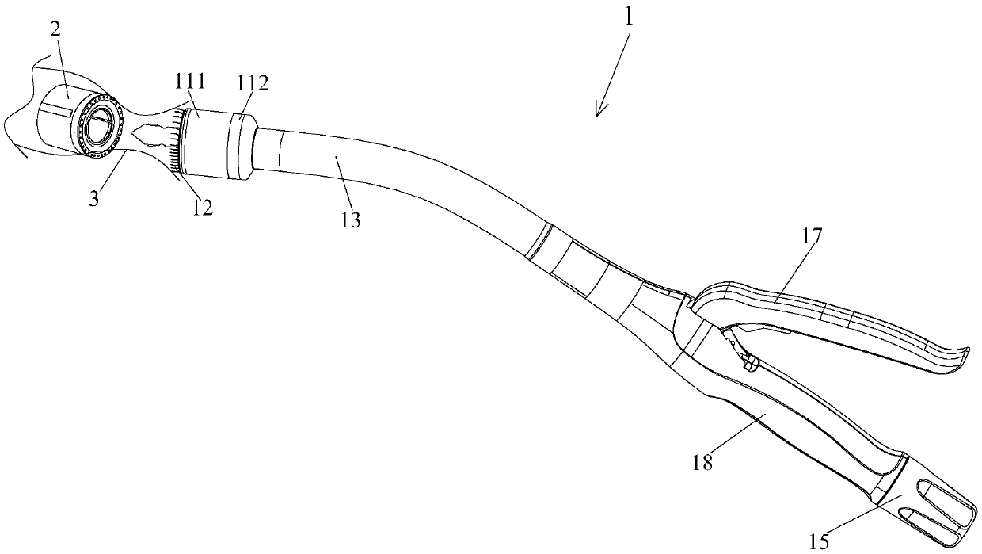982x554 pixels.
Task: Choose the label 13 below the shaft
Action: [350, 220]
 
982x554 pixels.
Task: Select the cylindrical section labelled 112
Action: [240, 147]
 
